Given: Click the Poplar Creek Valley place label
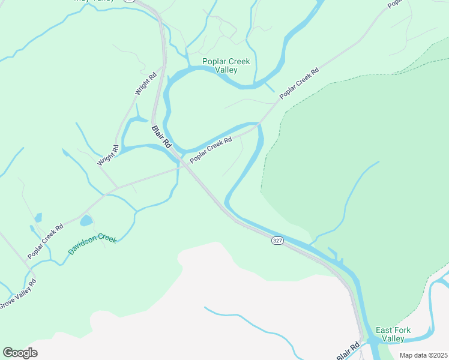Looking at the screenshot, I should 226,65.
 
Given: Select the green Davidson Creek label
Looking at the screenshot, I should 92,244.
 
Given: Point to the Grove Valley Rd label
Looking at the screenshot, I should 18,294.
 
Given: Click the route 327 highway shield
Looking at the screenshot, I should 277,240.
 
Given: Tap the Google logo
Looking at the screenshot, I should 20,352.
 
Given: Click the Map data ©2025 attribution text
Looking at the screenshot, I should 423,355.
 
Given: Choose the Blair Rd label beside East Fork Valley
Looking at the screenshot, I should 348,351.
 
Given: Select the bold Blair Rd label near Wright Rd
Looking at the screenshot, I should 161,137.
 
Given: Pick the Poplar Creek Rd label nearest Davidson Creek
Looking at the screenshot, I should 46,242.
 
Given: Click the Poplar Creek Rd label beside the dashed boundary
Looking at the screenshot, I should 299,83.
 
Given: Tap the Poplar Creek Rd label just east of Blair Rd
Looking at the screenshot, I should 211,150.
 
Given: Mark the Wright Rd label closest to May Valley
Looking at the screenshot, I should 145,84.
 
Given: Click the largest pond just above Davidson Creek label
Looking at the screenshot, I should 86,220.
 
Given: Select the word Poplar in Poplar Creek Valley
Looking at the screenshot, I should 214,61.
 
